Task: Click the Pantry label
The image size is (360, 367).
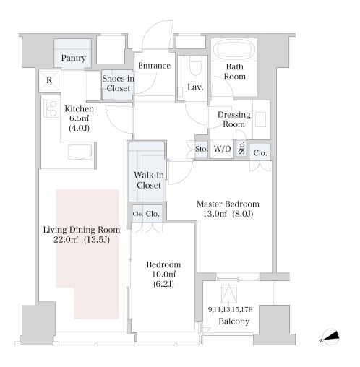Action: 74,58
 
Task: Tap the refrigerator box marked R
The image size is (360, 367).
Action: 49,80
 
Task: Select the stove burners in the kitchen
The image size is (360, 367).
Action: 51,109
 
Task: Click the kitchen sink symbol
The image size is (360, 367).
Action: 80,152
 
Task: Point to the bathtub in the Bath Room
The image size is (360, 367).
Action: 233,49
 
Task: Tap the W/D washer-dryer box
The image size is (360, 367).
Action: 222,149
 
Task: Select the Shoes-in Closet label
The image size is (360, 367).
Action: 118,83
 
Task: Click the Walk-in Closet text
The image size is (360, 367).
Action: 149,180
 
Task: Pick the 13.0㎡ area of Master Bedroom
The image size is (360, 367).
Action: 215,214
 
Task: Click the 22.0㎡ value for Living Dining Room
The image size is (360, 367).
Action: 66,240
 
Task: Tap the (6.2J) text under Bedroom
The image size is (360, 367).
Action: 163,284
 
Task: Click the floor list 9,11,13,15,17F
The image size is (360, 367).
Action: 230,309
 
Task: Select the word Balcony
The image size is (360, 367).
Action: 233,321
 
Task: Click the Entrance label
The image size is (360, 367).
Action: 154,66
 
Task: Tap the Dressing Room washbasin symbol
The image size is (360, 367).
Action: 260,119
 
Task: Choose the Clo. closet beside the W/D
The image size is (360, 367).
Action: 260,153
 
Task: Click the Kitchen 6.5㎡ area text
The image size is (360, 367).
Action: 79,118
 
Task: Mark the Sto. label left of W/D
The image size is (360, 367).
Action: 201,149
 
